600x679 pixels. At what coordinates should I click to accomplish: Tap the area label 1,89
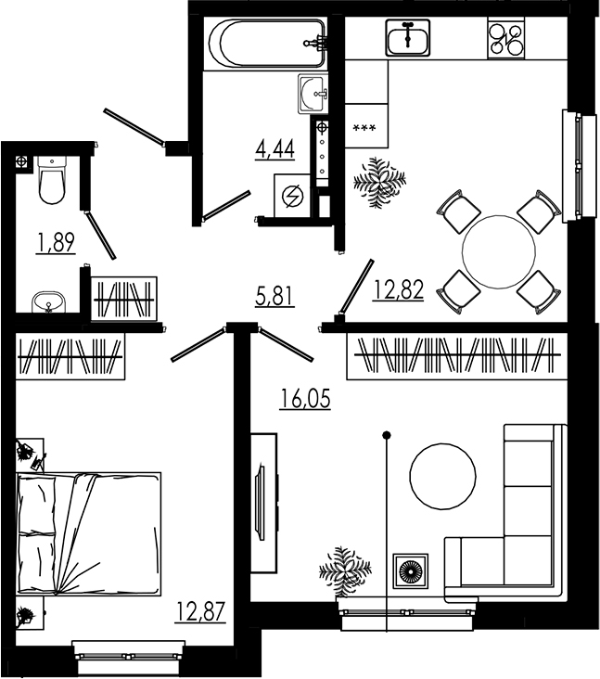click(55, 243)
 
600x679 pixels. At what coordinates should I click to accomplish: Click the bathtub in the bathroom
click(267, 43)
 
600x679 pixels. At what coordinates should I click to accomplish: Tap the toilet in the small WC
click(53, 182)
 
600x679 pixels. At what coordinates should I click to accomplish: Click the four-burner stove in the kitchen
click(505, 39)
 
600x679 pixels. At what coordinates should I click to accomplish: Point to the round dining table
click(499, 251)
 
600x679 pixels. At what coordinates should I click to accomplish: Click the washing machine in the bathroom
click(293, 197)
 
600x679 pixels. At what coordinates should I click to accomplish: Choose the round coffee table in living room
click(442, 475)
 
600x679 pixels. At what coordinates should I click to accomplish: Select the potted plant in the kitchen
click(379, 181)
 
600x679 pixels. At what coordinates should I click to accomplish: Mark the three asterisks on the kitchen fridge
click(364, 127)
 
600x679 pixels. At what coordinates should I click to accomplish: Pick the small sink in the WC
click(46, 302)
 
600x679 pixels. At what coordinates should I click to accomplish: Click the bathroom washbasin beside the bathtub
click(313, 92)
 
